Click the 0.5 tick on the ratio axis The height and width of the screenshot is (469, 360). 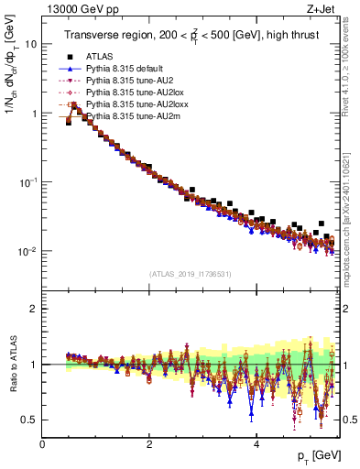(28, 420)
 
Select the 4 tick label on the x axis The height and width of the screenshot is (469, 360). (256, 443)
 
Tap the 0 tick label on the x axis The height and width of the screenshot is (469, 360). (42, 443)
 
